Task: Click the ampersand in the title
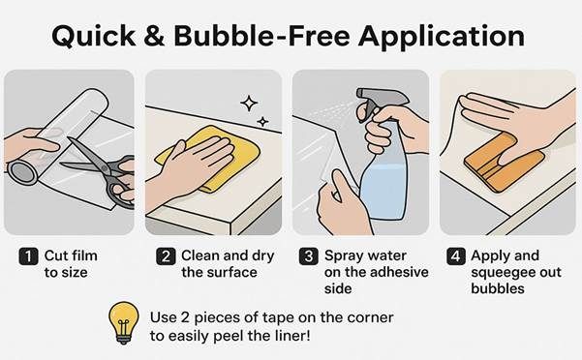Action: pyautogui.click(x=154, y=36)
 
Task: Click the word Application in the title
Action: pyautogui.click(x=442, y=38)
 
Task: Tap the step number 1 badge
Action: pyautogui.click(x=29, y=256)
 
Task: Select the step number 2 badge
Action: pyautogui.click(x=166, y=256)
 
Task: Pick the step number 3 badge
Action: pyautogui.click(x=309, y=256)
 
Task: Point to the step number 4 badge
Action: pyautogui.click(x=456, y=256)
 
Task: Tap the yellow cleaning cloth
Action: pyautogui.click(x=208, y=158)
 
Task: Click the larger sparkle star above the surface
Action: pyautogui.click(x=249, y=104)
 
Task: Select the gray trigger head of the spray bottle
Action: pyautogui.click(x=379, y=99)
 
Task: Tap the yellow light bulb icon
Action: pyautogui.click(x=124, y=323)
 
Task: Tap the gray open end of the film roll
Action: pyautogui.click(x=23, y=173)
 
